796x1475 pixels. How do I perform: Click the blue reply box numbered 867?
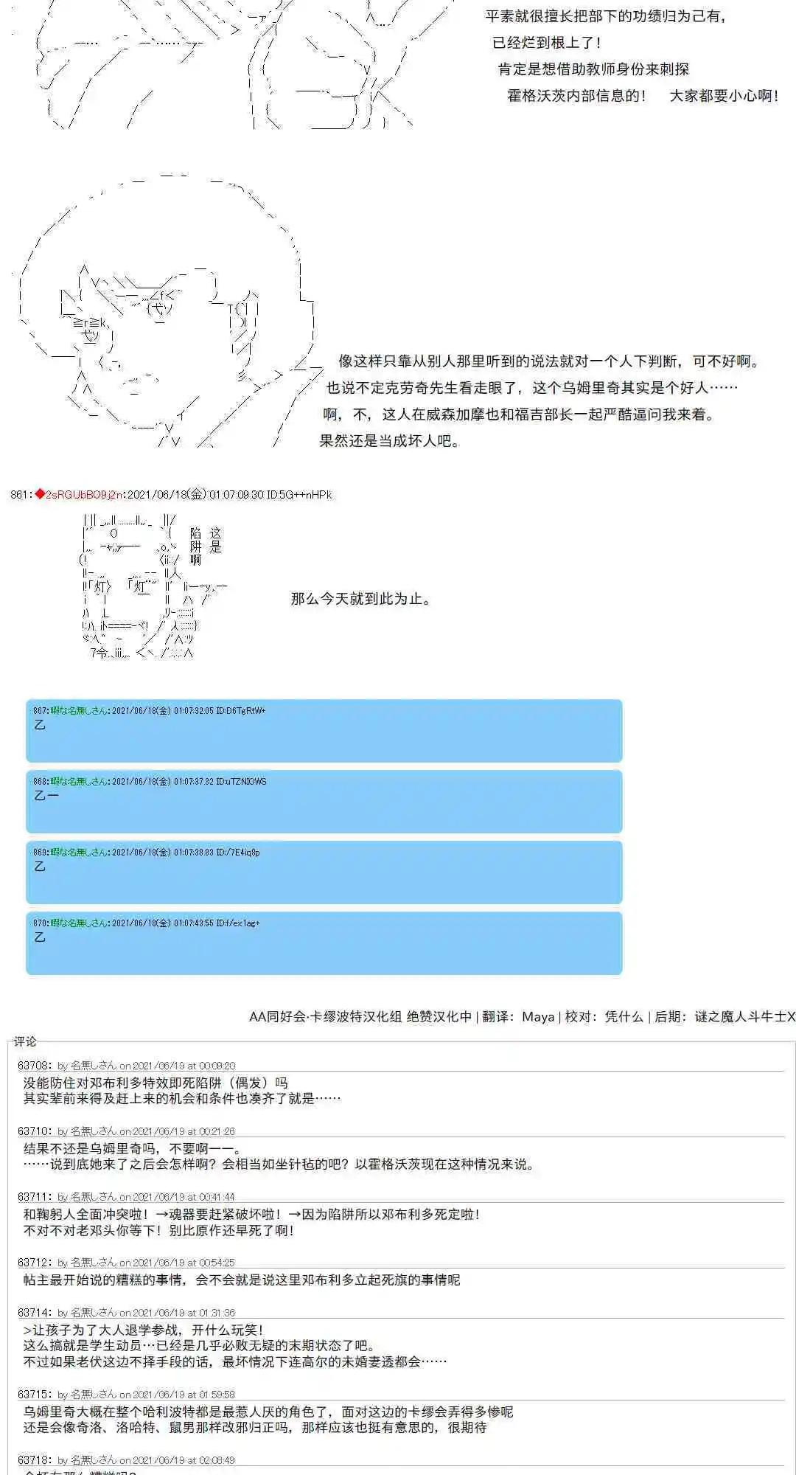coord(324,731)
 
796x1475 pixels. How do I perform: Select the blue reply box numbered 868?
coord(324,802)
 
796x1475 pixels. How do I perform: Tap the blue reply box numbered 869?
coord(324,872)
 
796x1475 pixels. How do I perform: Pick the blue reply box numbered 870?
coord(324,943)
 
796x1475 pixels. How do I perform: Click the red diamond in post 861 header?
coord(39,494)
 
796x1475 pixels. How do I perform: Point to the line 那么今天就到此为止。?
coord(360,599)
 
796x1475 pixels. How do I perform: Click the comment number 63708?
coord(35,1066)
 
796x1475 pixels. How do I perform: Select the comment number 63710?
coord(35,1131)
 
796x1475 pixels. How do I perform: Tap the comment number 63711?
coord(35,1197)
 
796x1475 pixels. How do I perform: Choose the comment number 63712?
coord(35,1263)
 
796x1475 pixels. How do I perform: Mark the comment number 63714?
coord(35,1313)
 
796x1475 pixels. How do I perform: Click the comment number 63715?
coord(35,1395)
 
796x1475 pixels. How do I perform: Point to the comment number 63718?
coord(35,1460)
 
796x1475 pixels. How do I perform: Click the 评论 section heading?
coord(25,1041)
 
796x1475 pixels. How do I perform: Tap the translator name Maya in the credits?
coord(538,1017)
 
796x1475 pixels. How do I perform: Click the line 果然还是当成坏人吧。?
coord(390,442)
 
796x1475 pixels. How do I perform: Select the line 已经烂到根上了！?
coord(548,43)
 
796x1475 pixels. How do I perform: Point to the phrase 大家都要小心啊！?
coord(724,96)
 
